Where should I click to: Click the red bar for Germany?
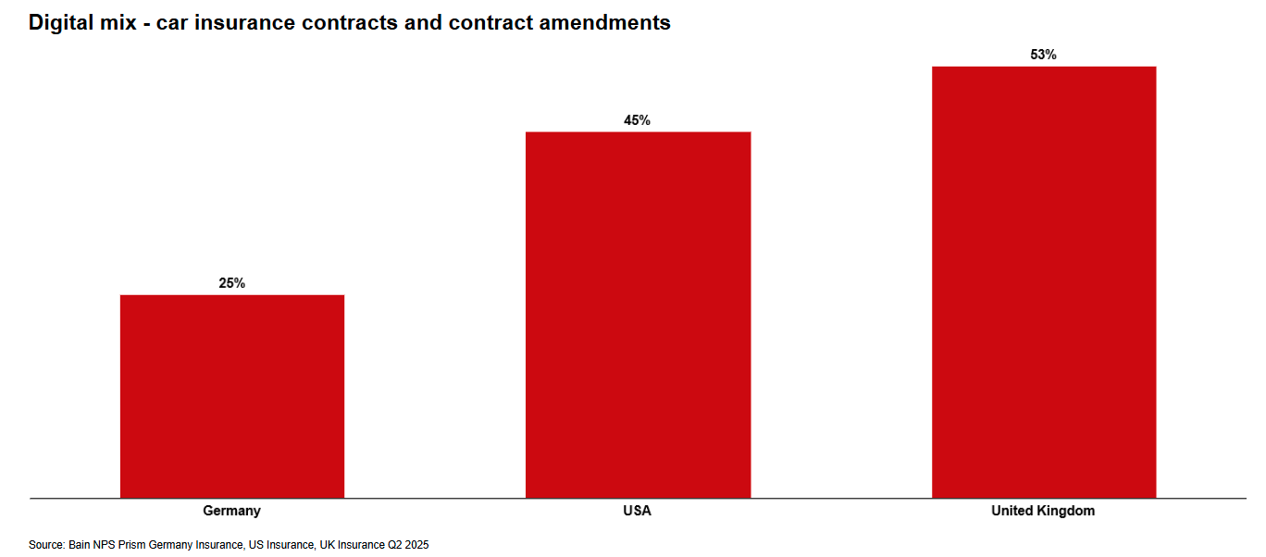pos(232,396)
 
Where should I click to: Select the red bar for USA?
pos(638,315)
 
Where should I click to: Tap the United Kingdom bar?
pos(1043,281)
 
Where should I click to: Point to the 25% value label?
pos(232,283)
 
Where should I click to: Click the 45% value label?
pos(638,120)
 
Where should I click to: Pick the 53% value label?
pos(1043,55)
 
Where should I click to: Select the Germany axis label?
pos(232,511)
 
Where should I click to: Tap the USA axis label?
pos(638,511)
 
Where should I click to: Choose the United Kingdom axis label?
pos(1043,511)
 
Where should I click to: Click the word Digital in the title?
pos(59,23)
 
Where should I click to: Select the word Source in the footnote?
pos(46,545)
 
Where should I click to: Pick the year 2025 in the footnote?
pos(416,545)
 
